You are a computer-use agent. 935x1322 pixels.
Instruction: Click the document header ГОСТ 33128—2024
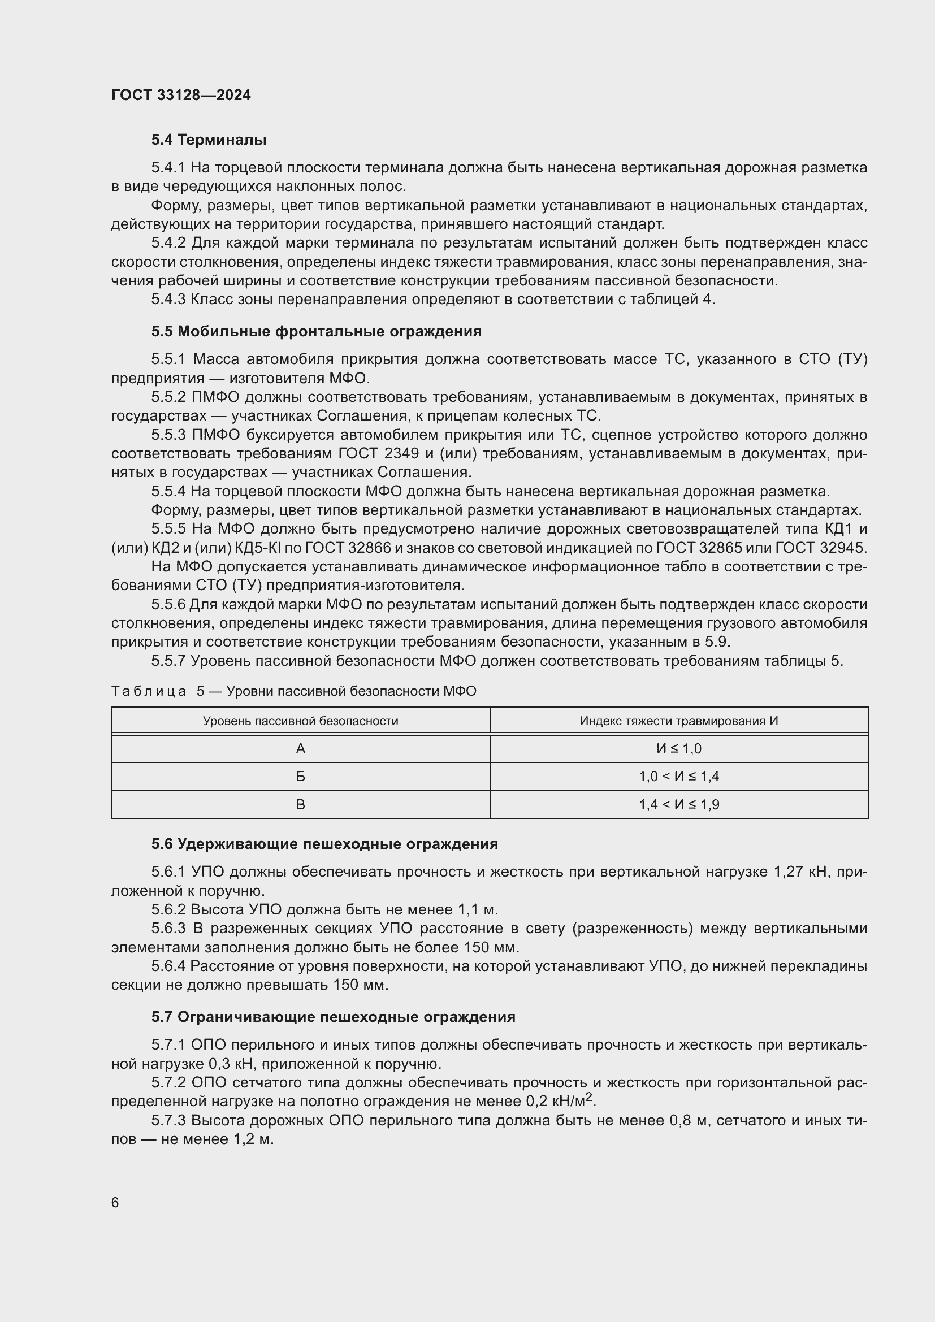point(181,95)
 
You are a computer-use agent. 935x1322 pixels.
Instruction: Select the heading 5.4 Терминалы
point(209,140)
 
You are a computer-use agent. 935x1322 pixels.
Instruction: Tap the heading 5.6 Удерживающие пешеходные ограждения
point(324,844)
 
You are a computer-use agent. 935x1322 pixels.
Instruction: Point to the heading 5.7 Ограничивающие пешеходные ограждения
point(334,1017)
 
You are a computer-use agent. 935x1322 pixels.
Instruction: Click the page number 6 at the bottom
point(115,1203)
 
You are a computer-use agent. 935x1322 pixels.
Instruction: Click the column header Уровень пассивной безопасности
point(301,721)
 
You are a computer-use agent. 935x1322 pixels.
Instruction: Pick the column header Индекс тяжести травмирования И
point(679,721)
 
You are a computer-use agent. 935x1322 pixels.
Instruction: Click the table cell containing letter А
point(301,748)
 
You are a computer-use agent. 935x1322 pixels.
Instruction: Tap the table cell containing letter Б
point(301,777)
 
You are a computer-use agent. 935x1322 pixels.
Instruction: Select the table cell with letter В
point(301,804)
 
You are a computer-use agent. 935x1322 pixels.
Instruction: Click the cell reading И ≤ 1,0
point(679,748)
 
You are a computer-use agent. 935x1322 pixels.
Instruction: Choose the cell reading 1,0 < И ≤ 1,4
point(679,777)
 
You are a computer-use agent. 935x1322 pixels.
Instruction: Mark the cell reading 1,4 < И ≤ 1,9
point(679,804)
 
